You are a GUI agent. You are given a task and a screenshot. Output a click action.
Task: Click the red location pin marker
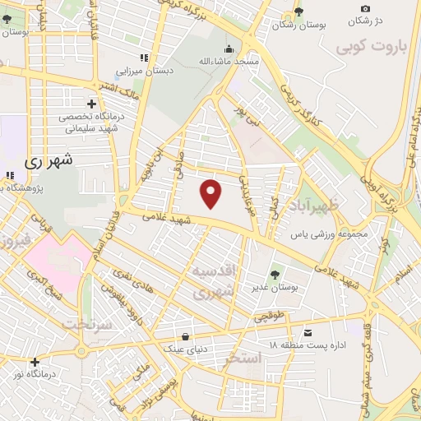click(x=212, y=194)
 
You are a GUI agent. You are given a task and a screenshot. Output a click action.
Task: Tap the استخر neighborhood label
click(x=242, y=359)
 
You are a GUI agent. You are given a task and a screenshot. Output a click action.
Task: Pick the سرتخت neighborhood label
click(x=67, y=322)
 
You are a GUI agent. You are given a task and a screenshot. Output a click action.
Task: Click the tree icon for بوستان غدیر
click(x=275, y=275)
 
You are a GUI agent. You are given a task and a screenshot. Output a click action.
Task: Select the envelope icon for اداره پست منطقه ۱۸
click(x=308, y=332)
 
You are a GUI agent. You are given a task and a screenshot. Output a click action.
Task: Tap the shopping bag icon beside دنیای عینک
click(x=187, y=336)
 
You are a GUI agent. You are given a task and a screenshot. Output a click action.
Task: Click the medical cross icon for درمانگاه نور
click(x=35, y=362)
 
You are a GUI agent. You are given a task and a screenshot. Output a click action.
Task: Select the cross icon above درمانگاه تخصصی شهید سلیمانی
click(x=91, y=104)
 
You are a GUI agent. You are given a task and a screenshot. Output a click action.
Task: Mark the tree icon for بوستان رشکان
click(x=298, y=12)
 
